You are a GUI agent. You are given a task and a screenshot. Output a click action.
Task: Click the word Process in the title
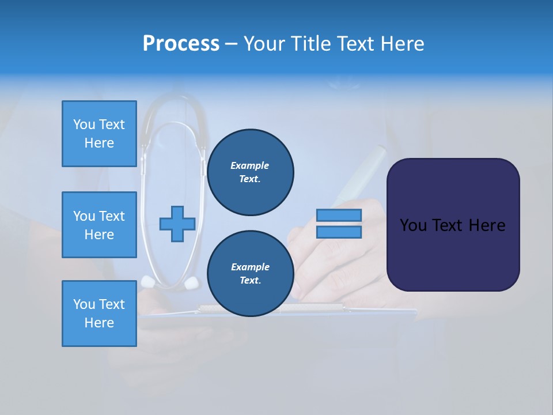[x=181, y=44]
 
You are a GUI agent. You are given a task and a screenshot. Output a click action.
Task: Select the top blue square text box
[x=99, y=134]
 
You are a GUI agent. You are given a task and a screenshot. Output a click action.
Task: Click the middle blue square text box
[x=99, y=225]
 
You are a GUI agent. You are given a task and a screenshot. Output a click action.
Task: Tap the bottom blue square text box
[x=99, y=314]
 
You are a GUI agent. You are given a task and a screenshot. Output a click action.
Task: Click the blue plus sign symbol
[x=177, y=224]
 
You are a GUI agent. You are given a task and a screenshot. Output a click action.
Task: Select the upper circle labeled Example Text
[x=250, y=172]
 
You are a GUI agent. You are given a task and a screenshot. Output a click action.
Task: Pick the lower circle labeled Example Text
[x=250, y=274]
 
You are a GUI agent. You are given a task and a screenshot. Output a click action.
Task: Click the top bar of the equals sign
[x=339, y=216]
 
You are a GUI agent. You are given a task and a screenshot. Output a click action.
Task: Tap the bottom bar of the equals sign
[x=339, y=232]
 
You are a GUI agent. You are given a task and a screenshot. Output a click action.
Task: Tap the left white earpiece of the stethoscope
[x=149, y=281]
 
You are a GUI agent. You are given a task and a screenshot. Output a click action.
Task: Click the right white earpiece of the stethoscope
[x=191, y=282]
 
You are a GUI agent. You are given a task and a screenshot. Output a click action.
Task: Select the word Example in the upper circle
[x=250, y=165]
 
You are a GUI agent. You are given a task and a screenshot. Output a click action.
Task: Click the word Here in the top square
[x=99, y=143]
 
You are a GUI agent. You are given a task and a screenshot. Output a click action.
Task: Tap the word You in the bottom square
[x=83, y=304]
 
